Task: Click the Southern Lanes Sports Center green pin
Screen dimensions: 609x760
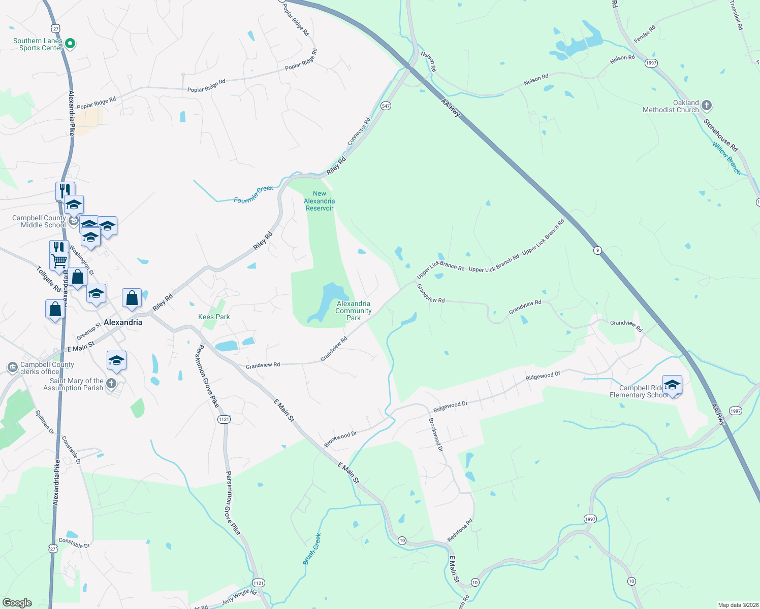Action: (71, 44)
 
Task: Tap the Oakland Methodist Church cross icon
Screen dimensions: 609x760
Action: (706, 106)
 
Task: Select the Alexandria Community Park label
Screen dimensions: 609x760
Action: (354, 311)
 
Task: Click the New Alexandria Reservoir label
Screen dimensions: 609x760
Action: (319, 201)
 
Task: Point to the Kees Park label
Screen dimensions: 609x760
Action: (214, 317)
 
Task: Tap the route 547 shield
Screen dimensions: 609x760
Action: (386, 106)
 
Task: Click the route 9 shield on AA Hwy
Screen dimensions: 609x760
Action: (597, 250)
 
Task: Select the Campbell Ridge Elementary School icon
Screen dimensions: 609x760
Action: (672, 385)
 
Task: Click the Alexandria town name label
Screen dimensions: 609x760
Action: (123, 322)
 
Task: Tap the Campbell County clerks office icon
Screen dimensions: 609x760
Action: (13, 367)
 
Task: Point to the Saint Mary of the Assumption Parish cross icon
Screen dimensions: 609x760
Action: (112, 383)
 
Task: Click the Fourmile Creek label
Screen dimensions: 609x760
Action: (254, 194)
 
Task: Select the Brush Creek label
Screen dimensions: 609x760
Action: (312, 549)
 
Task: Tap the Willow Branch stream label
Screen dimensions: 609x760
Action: (726, 158)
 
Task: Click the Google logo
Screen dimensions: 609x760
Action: (17, 603)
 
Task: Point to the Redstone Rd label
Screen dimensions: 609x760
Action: (460, 530)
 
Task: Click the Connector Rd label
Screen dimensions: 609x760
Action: (359, 132)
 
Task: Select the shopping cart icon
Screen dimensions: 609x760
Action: (59, 261)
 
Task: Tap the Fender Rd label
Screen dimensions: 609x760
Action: (645, 34)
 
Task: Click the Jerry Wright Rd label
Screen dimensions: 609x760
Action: (239, 597)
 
